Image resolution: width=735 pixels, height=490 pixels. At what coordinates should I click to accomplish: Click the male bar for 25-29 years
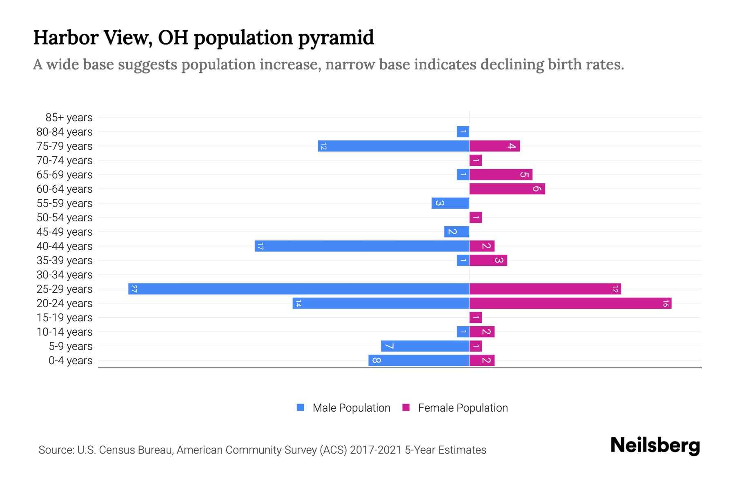(298, 289)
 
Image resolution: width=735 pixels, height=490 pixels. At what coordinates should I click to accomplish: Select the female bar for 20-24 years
(570, 303)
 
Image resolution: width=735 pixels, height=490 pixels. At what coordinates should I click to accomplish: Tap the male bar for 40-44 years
(362, 246)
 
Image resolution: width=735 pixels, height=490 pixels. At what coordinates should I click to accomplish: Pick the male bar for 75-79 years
(394, 146)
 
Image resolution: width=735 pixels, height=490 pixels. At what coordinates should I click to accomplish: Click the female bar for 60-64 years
(507, 189)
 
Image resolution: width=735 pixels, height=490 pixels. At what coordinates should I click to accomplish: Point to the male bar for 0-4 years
(419, 360)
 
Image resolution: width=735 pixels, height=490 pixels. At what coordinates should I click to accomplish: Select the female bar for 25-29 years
(545, 289)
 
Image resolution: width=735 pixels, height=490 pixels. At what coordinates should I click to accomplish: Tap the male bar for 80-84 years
(463, 131)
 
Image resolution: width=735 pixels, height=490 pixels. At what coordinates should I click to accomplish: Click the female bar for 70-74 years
(476, 160)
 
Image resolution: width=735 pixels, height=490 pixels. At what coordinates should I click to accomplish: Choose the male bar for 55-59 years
(450, 203)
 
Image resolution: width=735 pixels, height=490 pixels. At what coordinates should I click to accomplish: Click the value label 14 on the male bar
(298, 303)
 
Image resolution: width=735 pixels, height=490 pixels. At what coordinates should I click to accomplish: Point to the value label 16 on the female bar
(666, 303)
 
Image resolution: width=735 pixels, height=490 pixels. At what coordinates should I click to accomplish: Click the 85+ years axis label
(69, 118)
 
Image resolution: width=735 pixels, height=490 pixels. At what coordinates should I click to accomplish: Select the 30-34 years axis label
(65, 275)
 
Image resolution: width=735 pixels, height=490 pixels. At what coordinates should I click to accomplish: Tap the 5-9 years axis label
(71, 346)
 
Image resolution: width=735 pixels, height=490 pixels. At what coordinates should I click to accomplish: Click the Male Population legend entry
(351, 408)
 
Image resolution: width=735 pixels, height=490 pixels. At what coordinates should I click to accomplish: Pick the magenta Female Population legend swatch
(406, 408)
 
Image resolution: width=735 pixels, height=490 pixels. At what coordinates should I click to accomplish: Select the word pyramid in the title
(336, 38)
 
